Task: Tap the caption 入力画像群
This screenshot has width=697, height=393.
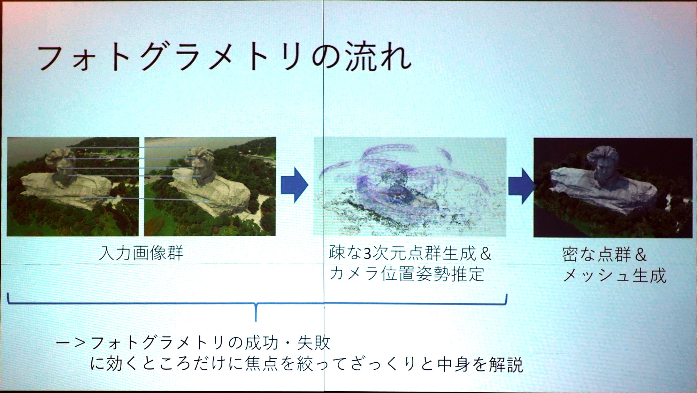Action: pyautogui.click(x=141, y=253)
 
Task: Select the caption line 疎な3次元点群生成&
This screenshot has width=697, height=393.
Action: pyautogui.click(x=410, y=253)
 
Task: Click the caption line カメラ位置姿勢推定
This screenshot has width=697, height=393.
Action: pyautogui.click(x=407, y=274)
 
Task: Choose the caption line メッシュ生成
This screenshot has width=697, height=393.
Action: pyautogui.click(x=615, y=276)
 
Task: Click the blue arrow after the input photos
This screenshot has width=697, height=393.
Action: pyautogui.click(x=295, y=185)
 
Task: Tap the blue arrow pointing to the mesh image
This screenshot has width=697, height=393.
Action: pyautogui.click(x=522, y=186)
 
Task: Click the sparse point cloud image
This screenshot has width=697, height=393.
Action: pyautogui.click(x=410, y=187)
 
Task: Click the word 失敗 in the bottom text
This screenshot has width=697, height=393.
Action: pyautogui.click(x=313, y=343)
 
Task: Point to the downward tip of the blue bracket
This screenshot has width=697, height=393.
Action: pyautogui.click(x=256, y=321)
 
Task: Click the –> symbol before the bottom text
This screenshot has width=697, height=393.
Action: pyautogui.click(x=71, y=343)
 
